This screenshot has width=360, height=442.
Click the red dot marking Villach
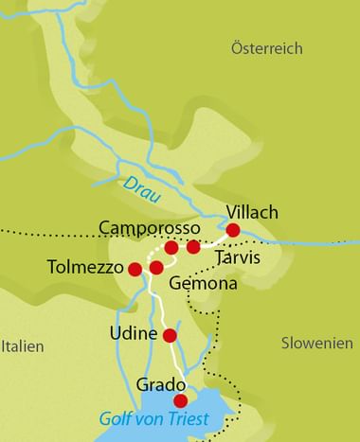click(233, 230)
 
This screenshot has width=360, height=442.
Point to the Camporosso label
click(150, 229)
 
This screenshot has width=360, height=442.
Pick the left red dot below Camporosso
click(171, 248)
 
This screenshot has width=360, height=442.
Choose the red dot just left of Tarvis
click(193, 247)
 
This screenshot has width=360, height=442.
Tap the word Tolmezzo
click(86, 268)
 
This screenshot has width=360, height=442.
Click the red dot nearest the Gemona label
click(156, 268)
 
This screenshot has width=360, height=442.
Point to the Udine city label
click(133, 335)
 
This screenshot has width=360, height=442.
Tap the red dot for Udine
click(171, 335)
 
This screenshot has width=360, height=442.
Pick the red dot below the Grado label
click(181, 400)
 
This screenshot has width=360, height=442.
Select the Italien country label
click(22, 346)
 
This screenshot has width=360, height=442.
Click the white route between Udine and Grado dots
click(175, 364)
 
